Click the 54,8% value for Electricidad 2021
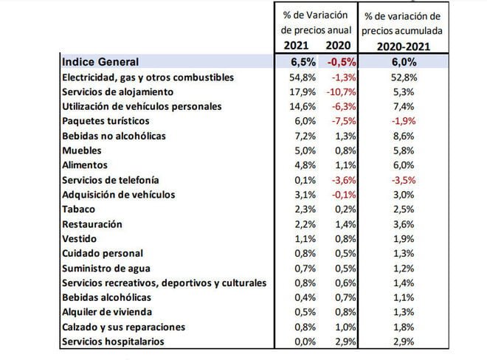[300, 77]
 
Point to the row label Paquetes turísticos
[106, 121]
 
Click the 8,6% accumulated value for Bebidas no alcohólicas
[402, 136]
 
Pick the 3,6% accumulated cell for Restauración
[402, 224]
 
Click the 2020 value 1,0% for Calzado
[342, 327]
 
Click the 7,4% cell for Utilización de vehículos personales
[402, 107]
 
